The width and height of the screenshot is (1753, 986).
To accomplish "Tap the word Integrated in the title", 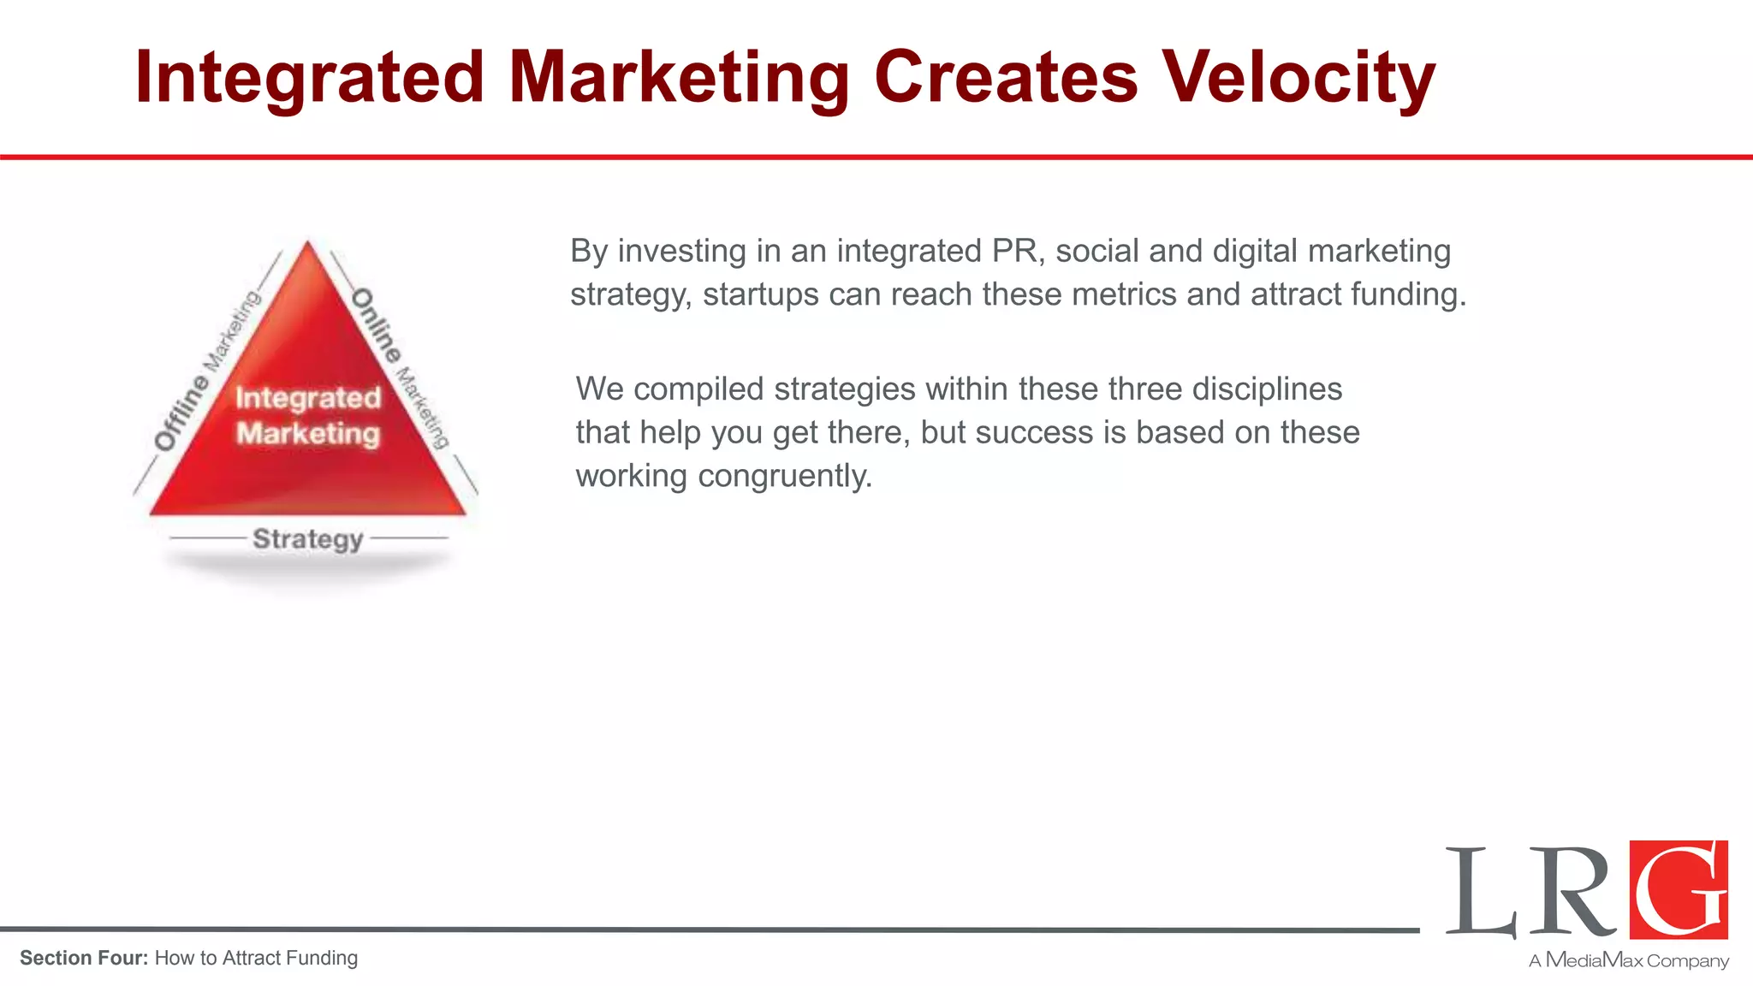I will (x=310, y=79).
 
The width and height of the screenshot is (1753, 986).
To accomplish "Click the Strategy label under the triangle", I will (x=308, y=539).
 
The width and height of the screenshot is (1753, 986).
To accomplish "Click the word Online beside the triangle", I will (x=377, y=325).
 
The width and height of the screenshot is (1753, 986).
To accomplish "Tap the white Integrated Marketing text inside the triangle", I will (x=308, y=415).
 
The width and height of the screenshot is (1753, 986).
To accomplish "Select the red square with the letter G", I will (x=1679, y=889).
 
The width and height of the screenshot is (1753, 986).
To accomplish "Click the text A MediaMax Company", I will (x=1629, y=960).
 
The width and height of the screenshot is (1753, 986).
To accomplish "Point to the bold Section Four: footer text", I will (x=84, y=958).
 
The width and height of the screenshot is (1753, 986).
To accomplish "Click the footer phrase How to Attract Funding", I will (x=256, y=958).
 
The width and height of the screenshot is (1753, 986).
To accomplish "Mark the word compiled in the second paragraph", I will (x=698, y=389).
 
